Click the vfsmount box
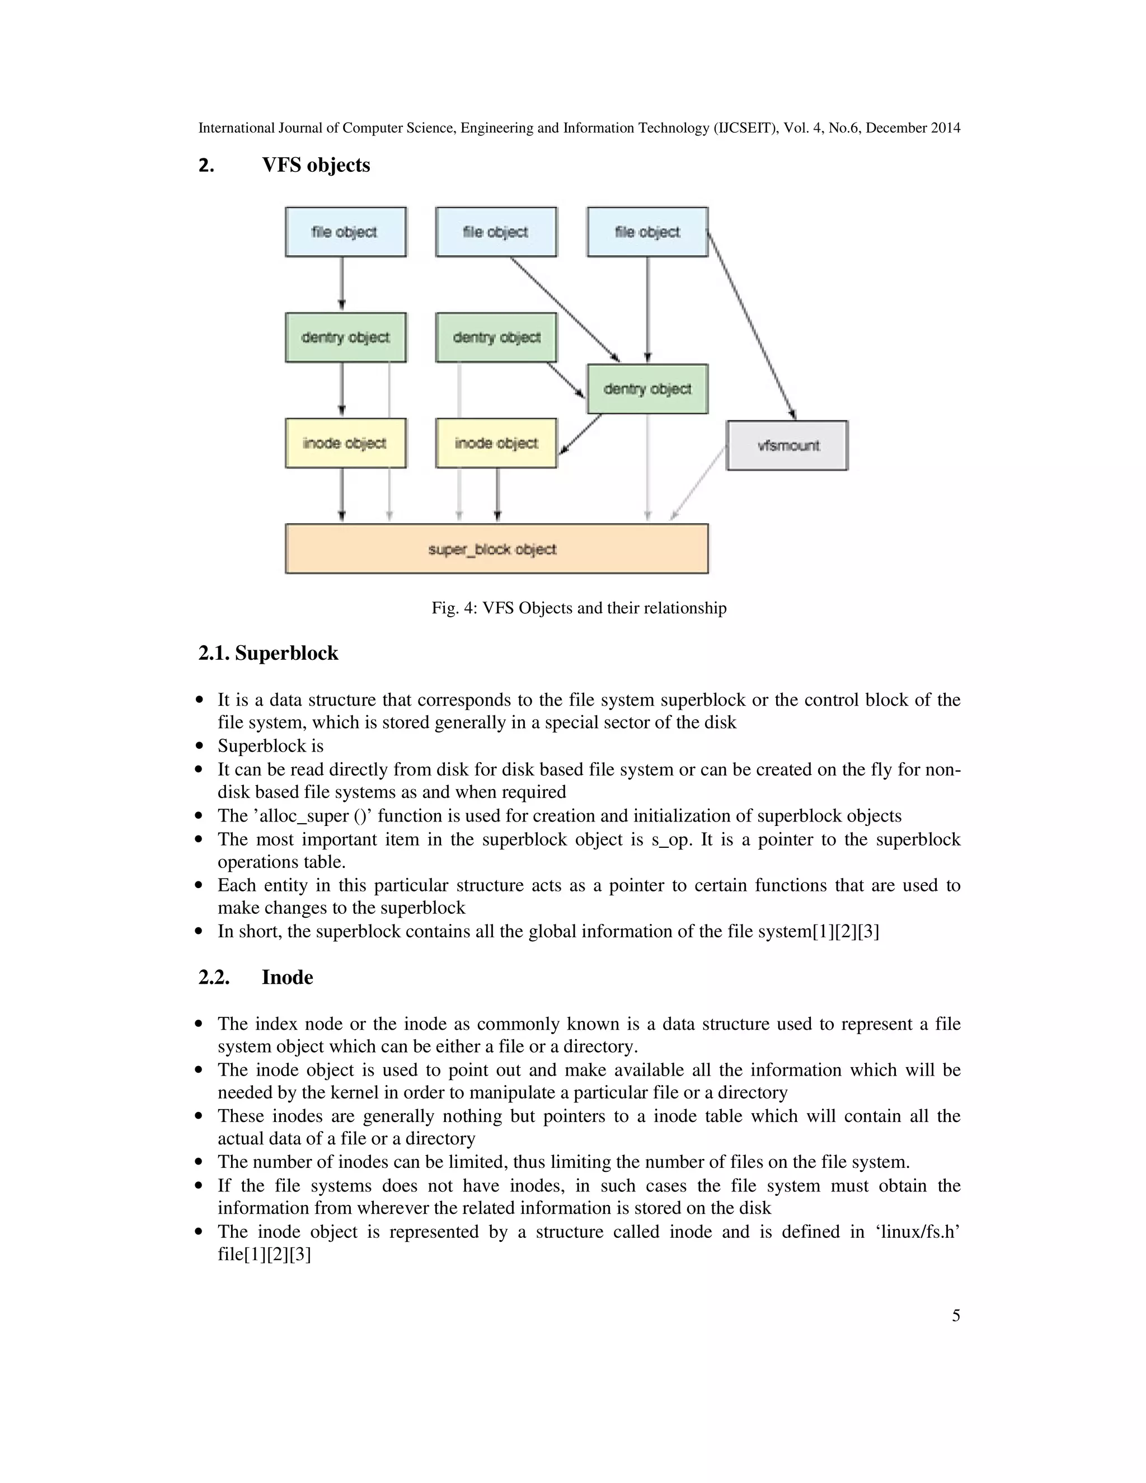[x=787, y=445]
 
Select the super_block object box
[x=496, y=548]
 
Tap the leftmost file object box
[x=346, y=232]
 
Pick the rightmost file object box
[x=647, y=232]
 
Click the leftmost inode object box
[x=346, y=443]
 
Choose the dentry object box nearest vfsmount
[x=647, y=389]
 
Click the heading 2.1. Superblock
[x=268, y=653]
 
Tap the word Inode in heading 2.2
[x=287, y=977]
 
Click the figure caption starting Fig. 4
[x=579, y=608]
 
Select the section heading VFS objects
[x=316, y=165]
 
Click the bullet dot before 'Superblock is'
[x=199, y=746]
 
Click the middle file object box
[x=496, y=232]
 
